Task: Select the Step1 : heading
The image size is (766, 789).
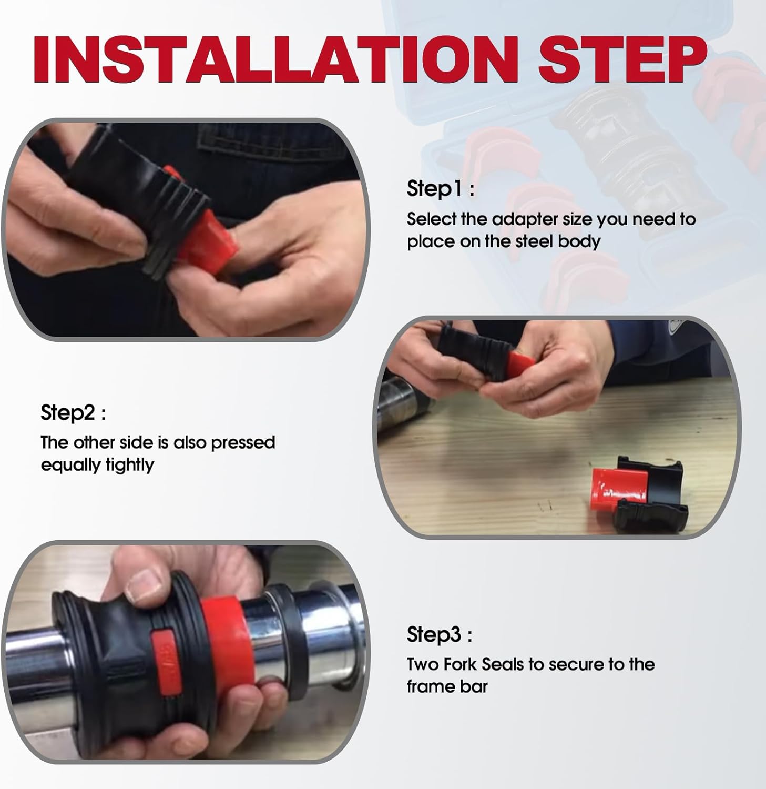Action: [x=441, y=189]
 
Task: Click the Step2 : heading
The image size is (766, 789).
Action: [x=74, y=413]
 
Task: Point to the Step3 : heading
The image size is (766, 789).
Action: [x=440, y=635]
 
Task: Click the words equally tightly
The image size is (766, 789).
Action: [x=97, y=465]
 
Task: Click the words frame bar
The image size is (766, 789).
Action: [x=447, y=686]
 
